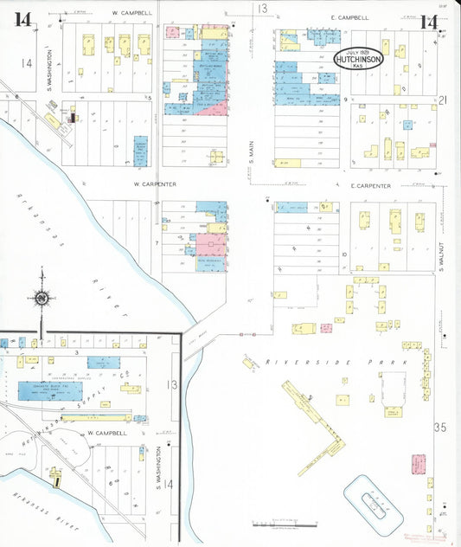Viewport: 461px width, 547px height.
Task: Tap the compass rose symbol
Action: pos(40,298)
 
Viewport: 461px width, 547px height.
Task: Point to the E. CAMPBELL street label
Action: pos(349,17)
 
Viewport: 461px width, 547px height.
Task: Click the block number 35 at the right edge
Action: pos(440,428)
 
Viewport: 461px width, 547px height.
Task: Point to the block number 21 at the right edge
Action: pos(443,101)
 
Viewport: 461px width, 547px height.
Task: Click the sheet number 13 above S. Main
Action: pos(261,9)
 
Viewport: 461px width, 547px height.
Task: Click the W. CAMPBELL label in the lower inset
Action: pos(106,432)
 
